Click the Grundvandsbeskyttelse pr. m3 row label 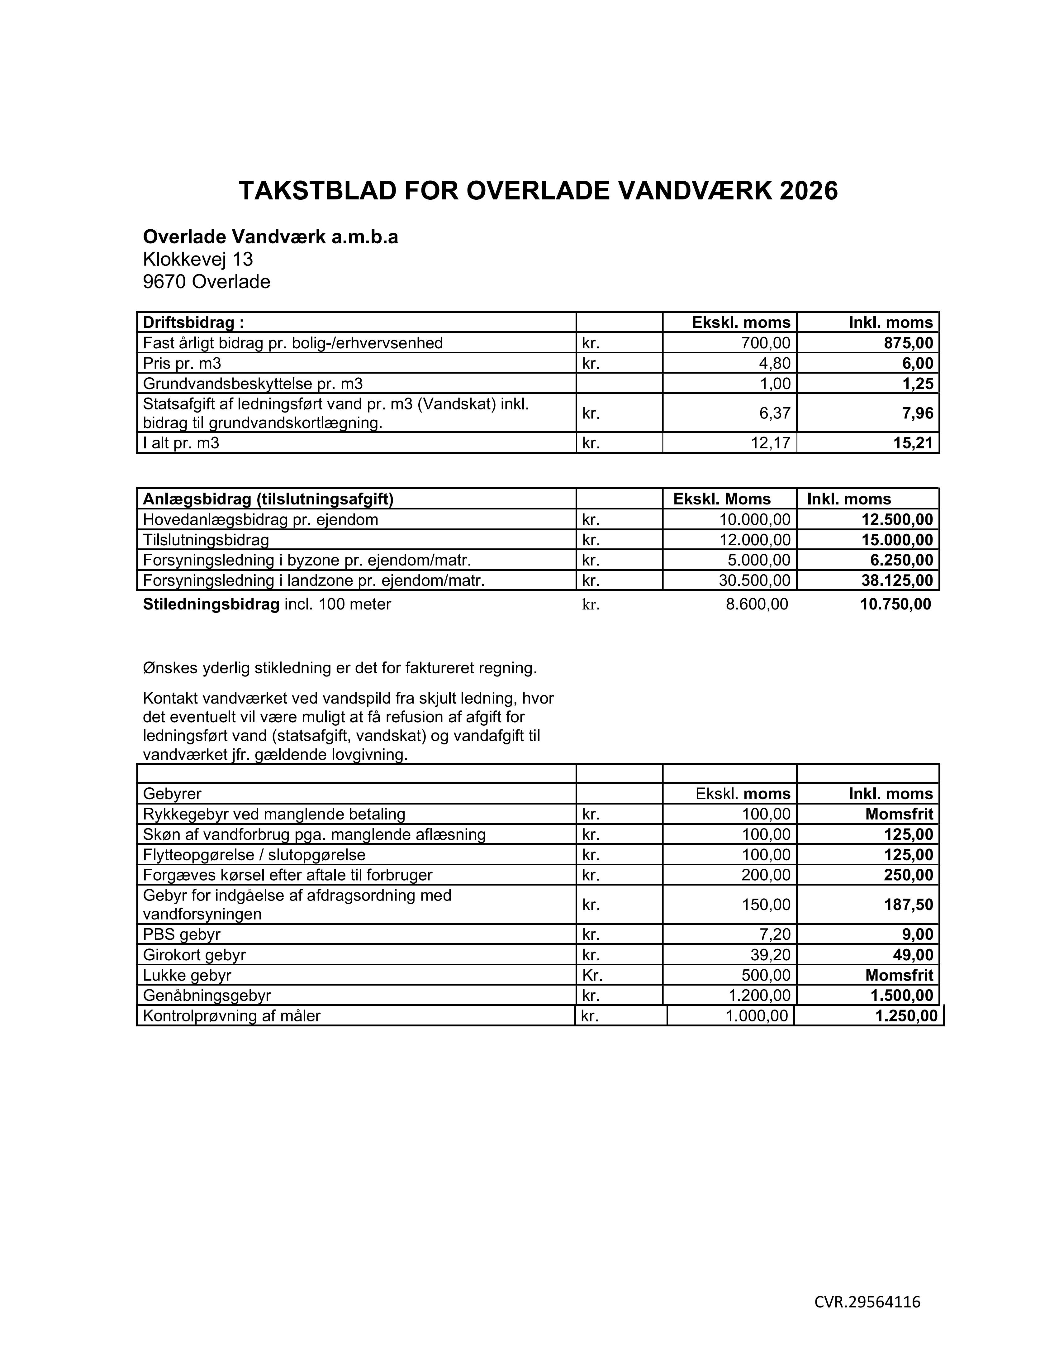point(253,384)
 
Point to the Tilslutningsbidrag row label point(206,540)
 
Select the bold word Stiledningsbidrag point(211,604)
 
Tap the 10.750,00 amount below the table point(896,604)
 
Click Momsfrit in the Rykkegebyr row point(899,814)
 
